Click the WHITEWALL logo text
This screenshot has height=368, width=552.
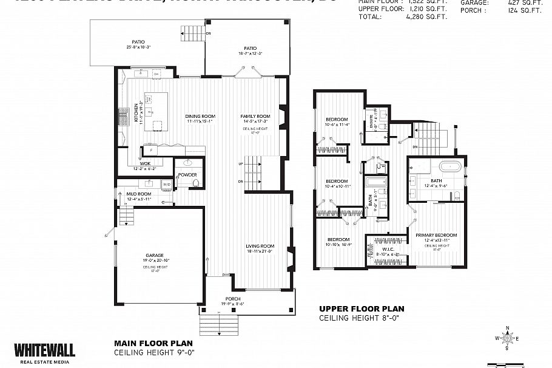point(45,350)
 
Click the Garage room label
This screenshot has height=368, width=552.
point(155,256)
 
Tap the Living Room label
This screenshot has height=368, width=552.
point(260,246)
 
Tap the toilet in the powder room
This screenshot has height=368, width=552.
point(195,183)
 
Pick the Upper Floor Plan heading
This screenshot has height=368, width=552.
point(361,308)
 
